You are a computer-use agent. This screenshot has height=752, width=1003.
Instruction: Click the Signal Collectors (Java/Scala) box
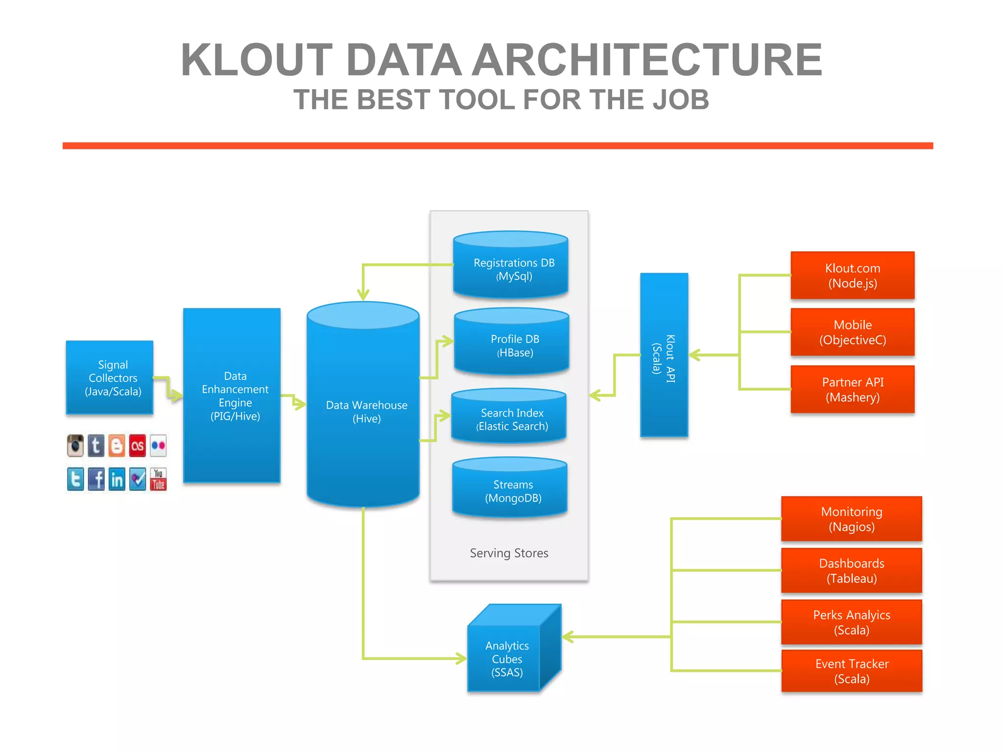tap(110, 377)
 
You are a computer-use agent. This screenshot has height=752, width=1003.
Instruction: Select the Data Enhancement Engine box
tap(232, 396)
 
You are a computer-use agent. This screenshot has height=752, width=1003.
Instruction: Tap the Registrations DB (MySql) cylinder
tap(511, 269)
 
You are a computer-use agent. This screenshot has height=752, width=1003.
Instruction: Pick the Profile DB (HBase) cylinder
tap(512, 346)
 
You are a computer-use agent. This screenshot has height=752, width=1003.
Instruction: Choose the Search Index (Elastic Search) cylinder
tap(509, 420)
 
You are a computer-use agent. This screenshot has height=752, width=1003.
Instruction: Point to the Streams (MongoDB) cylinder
tap(510, 492)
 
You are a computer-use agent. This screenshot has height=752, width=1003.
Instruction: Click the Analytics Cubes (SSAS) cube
tap(507, 658)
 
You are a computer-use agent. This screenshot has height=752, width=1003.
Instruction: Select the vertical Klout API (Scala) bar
tap(664, 355)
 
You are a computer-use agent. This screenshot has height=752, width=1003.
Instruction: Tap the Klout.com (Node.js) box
tap(852, 276)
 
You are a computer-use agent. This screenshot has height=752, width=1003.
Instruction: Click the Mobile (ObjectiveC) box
tap(852, 332)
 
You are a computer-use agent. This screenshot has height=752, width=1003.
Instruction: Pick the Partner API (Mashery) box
tap(852, 390)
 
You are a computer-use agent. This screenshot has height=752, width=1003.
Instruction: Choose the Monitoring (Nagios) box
tap(851, 519)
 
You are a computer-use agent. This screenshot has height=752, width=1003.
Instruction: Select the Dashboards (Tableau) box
tap(851, 571)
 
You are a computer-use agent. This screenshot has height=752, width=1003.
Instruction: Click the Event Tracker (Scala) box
tap(851, 671)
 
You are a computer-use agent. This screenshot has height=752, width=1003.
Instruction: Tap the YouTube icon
tap(158, 479)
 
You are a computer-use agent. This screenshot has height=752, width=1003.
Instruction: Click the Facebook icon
tap(96, 479)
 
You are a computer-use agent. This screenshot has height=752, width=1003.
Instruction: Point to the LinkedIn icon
tap(117, 479)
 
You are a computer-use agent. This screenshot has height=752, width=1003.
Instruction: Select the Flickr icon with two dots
tap(158, 446)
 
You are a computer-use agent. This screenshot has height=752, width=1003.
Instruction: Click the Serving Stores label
tap(509, 553)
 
